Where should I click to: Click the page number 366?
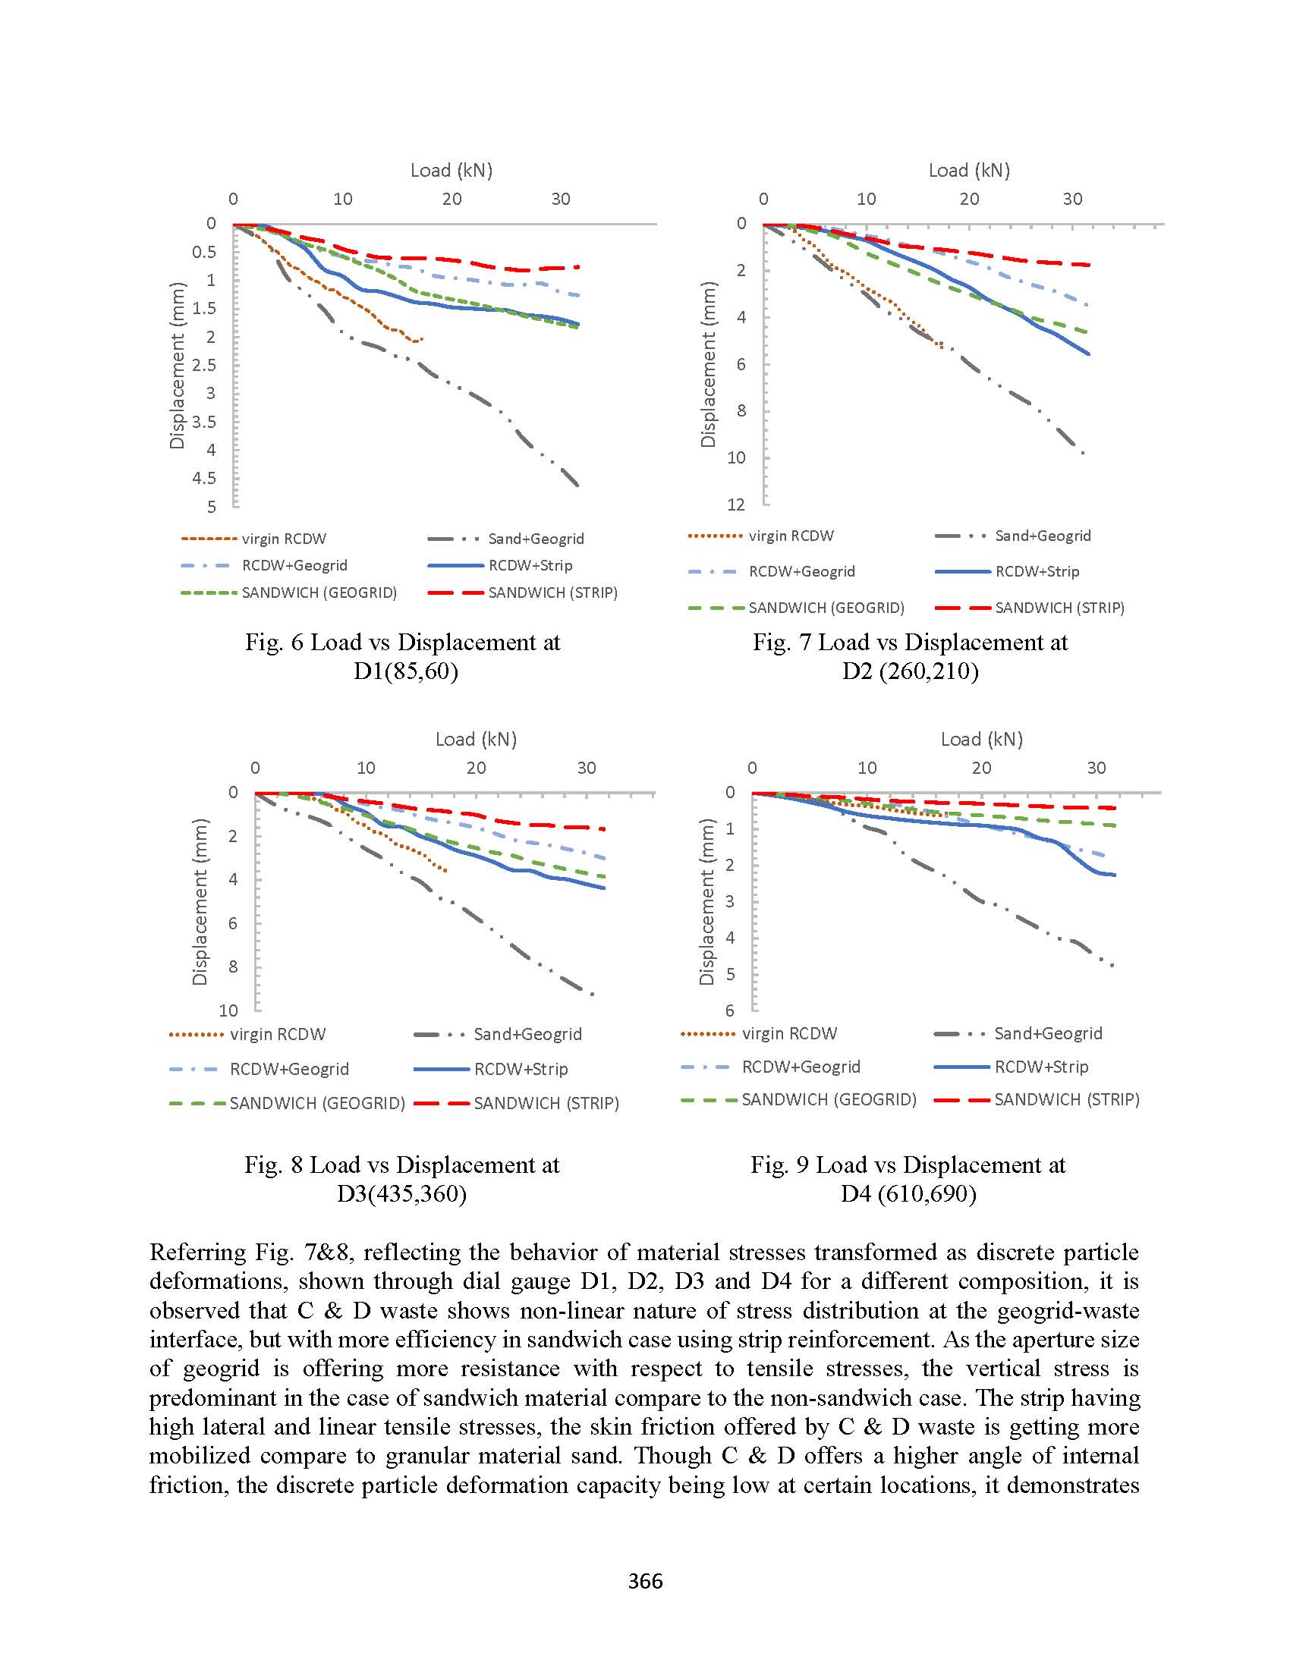click(x=645, y=1580)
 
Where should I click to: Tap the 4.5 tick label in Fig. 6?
click(x=204, y=479)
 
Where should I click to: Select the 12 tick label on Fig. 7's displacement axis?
click(x=736, y=504)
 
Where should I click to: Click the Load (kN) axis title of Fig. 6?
click(x=451, y=171)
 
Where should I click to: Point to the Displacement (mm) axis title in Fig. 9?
click(x=707, y=902)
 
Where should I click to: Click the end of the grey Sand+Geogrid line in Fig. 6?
click(x=577, y=486)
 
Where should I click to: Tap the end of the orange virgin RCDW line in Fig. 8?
click(x=446, y=870)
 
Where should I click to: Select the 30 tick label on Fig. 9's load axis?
click(x=1096, y=767)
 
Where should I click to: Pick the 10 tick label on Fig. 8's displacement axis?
click(x=228, y=1011)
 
